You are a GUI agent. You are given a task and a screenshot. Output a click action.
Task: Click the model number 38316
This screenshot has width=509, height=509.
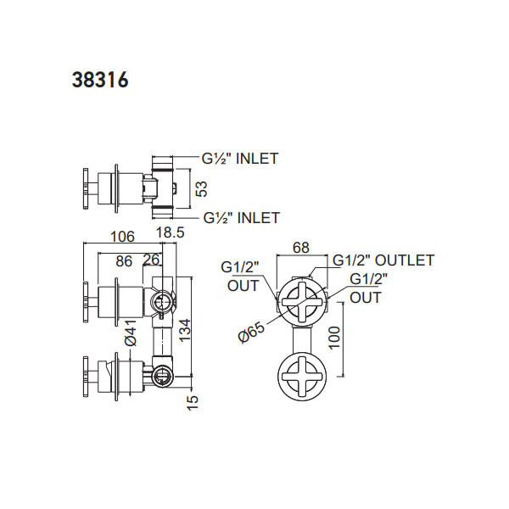point(100,80)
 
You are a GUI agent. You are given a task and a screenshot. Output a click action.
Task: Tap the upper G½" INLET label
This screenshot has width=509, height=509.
point(240,159)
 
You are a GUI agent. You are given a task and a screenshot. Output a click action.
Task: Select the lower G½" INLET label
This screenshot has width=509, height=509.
point(241,218)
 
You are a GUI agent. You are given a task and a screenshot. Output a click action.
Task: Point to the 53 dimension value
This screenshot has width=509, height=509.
point(202,189)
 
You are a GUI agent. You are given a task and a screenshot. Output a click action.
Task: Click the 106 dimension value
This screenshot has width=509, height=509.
point(122,237)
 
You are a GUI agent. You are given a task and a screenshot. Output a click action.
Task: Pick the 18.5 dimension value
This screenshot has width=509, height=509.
point(171,232)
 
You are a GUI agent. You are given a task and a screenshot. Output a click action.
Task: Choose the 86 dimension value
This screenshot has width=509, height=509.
point(124,261)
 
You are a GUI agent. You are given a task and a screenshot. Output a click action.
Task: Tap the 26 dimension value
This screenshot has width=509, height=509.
point(152,260)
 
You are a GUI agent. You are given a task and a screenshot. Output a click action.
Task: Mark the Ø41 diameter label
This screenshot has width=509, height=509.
point(131,333)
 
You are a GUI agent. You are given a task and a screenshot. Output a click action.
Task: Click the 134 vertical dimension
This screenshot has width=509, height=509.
point(185,330)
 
